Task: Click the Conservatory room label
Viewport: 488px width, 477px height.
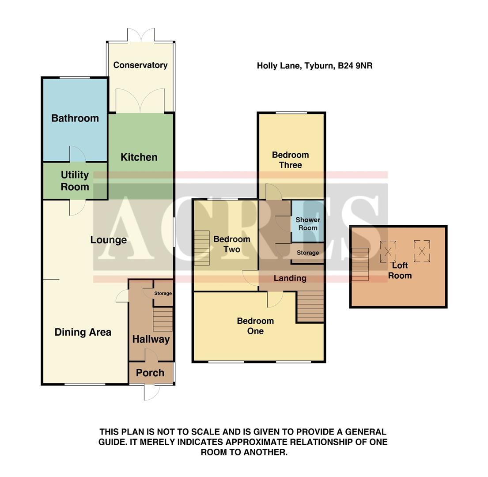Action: click(x=140, y=65)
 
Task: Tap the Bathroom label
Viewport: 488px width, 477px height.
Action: click(x=75, y=118)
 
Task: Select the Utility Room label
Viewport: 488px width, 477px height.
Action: click(x=75, y=181)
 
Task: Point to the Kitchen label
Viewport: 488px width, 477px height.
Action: click(x=139, y=157)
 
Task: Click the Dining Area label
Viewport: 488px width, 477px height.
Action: click(x=83, y=333)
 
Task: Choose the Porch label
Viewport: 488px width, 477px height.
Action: click(x=150, y=373)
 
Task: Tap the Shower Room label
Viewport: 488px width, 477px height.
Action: click(x=308, y=223)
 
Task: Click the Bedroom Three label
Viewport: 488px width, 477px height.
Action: click(x=290, y=160)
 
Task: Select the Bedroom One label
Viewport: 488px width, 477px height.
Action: click(x=255, y=326)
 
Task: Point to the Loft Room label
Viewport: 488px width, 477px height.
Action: click(x=400, y=270)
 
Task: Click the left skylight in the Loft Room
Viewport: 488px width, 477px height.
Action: click(x=388, y=251)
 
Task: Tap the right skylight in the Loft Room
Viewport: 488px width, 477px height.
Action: click(x=422, y=251)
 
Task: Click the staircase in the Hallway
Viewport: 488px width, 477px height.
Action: click(x=163, y=319)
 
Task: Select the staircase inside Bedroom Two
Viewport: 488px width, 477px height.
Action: click(x=202, y=248)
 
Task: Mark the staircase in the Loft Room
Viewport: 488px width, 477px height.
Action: click(x=360, y=264)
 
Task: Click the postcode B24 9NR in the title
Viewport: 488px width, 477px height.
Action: click(x=355, y=66)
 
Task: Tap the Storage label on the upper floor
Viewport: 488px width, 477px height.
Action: click(x=308, y=253)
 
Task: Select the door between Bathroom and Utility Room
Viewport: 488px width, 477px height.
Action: click(x=77, y=155)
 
